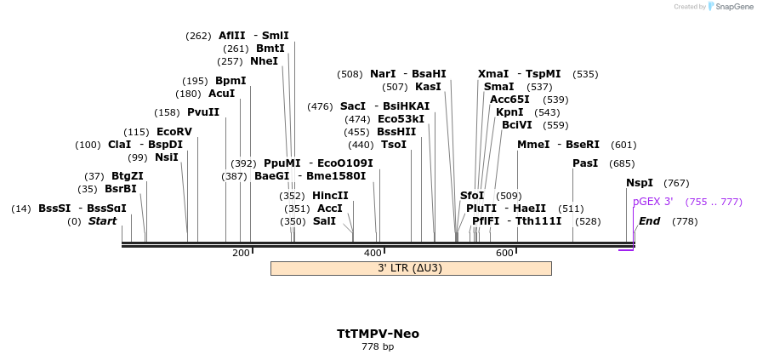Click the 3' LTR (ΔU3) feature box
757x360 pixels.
pyautogui.click(x=410, y=268)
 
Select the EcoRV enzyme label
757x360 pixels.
pyautogui.click(x=174, y=132)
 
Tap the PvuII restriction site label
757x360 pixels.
pyautogui.click(x=203, y=112)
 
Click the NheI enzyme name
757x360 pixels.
pyautogui.click(x=264, y=61)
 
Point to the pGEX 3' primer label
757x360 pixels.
pyautogui.click(x=652, y=202)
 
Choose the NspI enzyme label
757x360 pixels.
pyautogui.click(x=640, y=183)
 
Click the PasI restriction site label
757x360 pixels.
pyautogui.click(x=585, y=163)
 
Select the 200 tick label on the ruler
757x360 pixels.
pyautogui.click(x=241, y=253)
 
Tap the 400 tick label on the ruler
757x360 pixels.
pyautogui.click(x=373, y=253)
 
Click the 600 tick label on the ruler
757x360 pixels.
pyautogui.click(x=504, y=253)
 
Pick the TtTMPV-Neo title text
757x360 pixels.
pyautogui.click(x=378, y=334)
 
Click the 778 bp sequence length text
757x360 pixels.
pyautogui.click(x=378, y=347)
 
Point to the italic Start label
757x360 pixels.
pyautogui.click(x=103, y=221)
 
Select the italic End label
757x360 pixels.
pyautogui.click(x=649, y=221)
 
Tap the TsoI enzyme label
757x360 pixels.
pyautogui.click(x=394, y=145)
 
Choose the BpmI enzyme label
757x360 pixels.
pyautogui.click(x=231, y=81)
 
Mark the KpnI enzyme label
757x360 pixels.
pyautogui.click(x=509, y=112)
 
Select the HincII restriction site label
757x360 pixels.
pyautogui.click(x=330, y=196)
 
